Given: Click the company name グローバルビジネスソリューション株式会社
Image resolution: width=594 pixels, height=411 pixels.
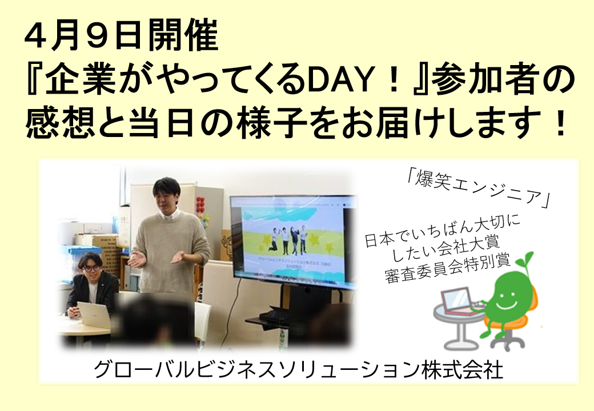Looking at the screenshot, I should coord(298,370).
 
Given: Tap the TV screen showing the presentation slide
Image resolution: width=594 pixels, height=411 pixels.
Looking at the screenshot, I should coord(292,240).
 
